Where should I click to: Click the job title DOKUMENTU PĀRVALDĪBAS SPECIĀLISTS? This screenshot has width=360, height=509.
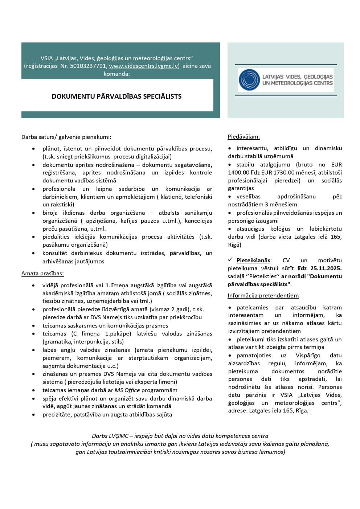coord(116,97)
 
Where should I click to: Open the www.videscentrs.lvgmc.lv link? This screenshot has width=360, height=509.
coord(144,66)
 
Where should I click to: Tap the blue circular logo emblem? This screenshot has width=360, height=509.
coord(249,80)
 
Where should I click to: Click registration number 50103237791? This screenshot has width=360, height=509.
coord(88,66)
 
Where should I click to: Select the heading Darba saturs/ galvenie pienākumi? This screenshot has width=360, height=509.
coord(66,137)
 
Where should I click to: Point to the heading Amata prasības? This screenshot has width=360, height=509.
coord(42,274)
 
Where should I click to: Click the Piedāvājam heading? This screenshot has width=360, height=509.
coord(244,137)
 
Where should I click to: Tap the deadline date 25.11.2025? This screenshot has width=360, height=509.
coord(326,268)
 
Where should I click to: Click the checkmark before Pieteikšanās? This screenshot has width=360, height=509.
coord(230,260)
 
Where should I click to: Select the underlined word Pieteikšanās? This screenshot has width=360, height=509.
coord(253,260)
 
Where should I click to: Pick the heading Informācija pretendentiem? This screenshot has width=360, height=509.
coord(263,296)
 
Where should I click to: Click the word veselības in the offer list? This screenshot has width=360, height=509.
coord(248,197)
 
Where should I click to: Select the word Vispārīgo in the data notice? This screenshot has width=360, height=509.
coord(308,356)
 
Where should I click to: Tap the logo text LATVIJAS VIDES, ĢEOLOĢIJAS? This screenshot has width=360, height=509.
coord(297,77)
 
